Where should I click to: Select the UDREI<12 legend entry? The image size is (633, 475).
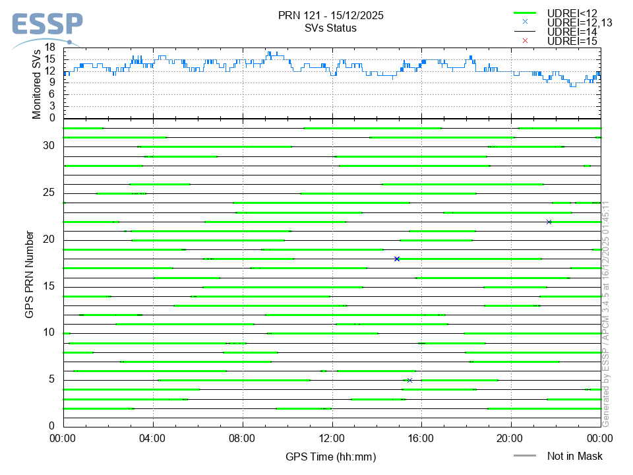(572, 13)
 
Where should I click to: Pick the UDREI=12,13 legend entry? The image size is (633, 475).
(580, 22)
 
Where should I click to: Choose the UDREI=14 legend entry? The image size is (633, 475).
(572, 32)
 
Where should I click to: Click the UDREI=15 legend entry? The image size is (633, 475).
(572, 41)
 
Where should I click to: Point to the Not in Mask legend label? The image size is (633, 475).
(574, 456)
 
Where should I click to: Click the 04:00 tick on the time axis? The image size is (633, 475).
(153, 438)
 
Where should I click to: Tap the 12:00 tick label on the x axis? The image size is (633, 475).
(332, 438)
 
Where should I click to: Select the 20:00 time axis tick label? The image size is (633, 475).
(511, 438)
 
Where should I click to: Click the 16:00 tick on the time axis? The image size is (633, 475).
(421, 438)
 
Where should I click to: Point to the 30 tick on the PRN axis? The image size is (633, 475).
(49, 146)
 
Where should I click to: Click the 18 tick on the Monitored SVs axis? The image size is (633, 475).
(50, 48)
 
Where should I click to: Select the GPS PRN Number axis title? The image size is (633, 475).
(29, 274)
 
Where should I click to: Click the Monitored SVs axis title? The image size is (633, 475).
(37, 83)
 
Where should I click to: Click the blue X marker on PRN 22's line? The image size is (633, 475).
(549, 222)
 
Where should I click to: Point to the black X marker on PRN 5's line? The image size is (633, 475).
(409, 380)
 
